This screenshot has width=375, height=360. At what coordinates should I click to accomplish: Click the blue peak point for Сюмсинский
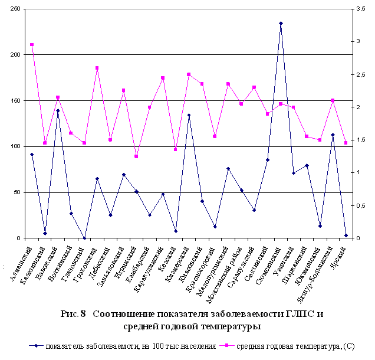point(281,23)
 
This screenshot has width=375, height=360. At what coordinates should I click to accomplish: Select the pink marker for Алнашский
point(32,45)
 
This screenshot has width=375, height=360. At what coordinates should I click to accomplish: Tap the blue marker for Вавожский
point(58,110)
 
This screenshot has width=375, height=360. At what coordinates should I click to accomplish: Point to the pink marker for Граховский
point(97,68)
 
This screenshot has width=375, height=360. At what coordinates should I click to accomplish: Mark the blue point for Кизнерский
point(189,115)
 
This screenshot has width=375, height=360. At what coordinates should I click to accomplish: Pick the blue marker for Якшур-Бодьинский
point(333,135)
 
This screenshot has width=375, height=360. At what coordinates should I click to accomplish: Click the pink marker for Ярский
point(346,143)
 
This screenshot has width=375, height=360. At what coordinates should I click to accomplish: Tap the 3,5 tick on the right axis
point(360,9)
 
